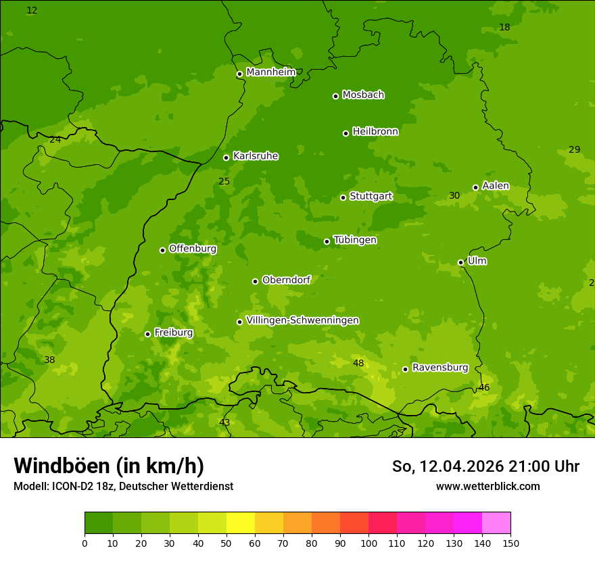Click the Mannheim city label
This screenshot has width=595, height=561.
270,72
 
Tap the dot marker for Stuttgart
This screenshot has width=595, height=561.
343,197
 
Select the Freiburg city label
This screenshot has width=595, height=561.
173,333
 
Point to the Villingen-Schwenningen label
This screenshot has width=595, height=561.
302,320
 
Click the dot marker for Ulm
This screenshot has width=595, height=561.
460,262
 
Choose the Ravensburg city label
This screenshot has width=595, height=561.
439,368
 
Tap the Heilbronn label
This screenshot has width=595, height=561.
375,132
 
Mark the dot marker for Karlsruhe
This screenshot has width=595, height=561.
226,157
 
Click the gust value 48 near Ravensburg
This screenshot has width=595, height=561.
358,364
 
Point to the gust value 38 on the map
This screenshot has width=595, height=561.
49,360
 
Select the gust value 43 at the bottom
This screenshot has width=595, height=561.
224,422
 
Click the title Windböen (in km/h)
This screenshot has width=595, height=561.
109,466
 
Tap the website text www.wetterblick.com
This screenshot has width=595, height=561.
487,486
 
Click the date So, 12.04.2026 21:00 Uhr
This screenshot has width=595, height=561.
485,466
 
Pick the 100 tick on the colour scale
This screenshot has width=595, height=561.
368,543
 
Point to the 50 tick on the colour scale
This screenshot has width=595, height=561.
227,543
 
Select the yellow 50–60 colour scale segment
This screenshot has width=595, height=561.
241,523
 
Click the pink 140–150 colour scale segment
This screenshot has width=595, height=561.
496,523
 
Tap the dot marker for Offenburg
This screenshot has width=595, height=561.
162,250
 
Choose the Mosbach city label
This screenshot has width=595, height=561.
362,95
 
